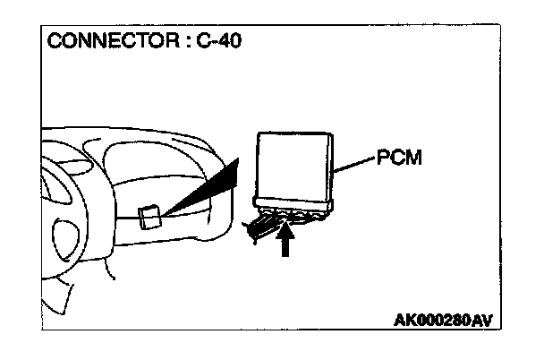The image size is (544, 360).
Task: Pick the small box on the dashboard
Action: click(x=150, y=217)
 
